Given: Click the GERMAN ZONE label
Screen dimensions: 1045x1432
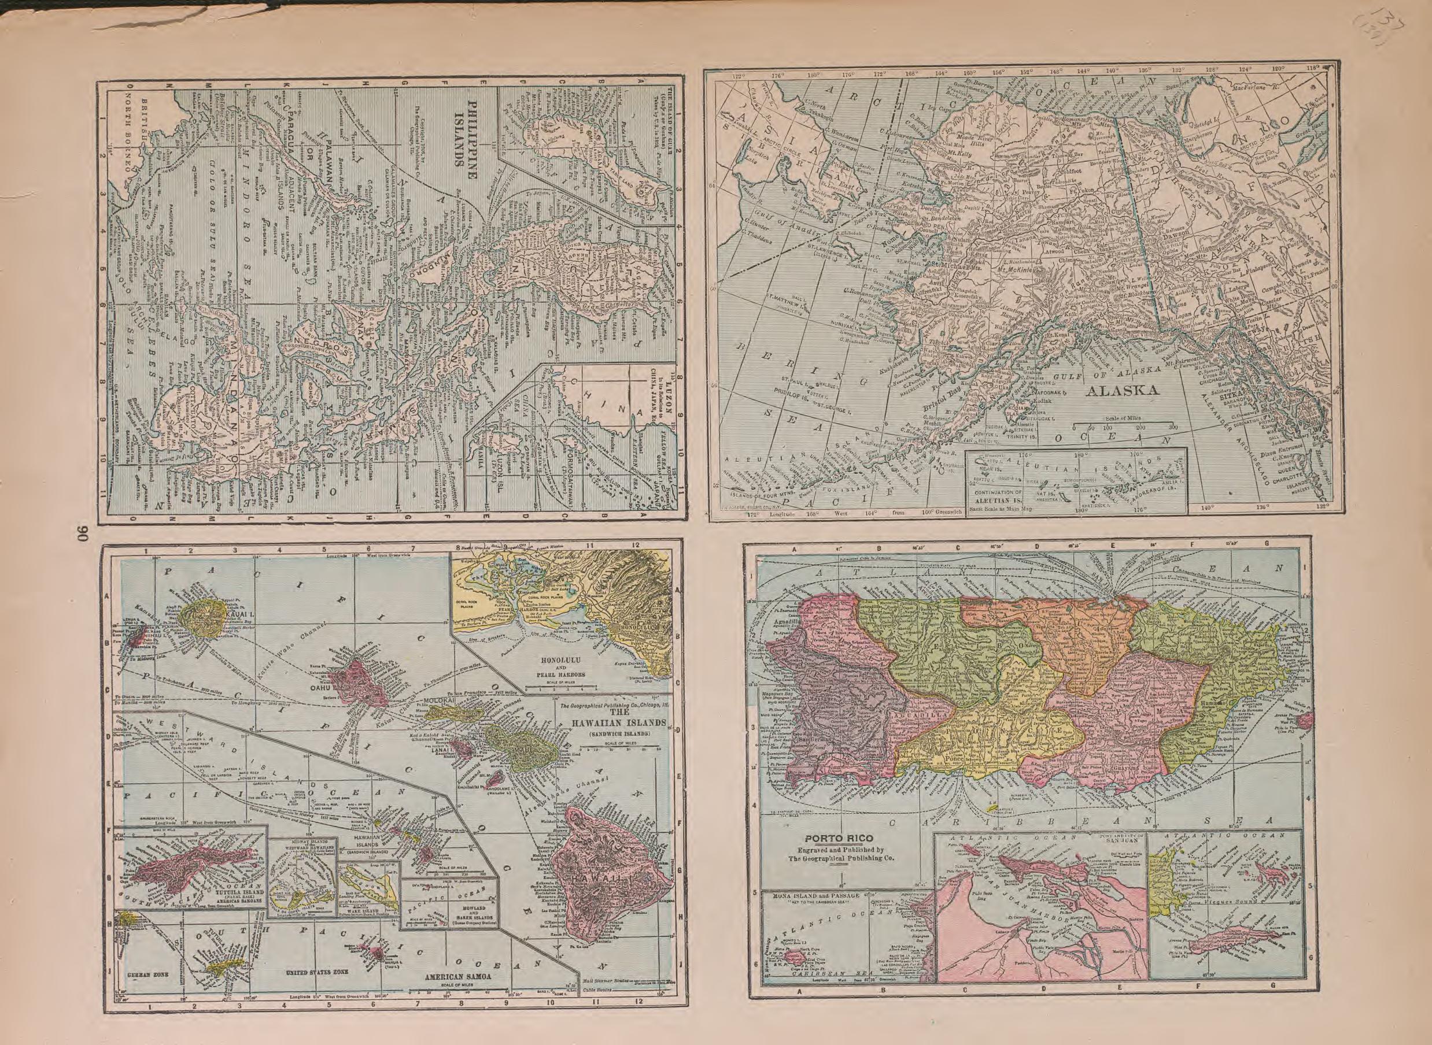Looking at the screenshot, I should [147, 995].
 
